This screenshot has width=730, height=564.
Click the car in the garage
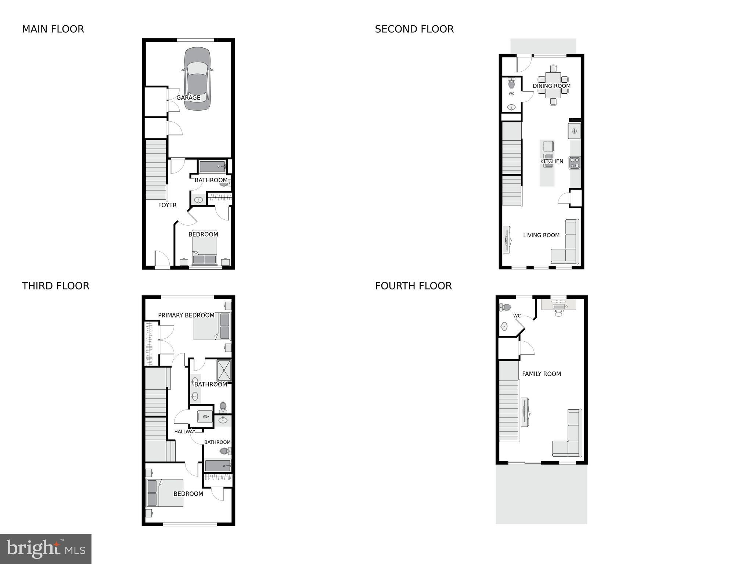[197, 79]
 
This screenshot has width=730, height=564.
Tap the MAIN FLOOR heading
[53, 29]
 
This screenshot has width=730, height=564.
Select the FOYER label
[167, 205]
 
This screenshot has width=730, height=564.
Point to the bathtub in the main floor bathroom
[212, 167]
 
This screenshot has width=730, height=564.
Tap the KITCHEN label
[551, 161]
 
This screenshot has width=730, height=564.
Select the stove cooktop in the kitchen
[575, 162]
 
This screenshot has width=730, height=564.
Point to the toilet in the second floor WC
[511, 84]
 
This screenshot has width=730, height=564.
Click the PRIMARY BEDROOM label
[186, 315]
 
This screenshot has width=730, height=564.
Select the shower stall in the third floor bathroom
[224, 371]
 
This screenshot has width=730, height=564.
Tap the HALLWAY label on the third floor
[184, 431]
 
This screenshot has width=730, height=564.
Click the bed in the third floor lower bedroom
[165, 493]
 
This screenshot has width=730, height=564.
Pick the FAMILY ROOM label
[541, 374]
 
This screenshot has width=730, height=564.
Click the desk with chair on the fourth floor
[558, 306]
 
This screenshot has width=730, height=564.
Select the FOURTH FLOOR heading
[413, 286]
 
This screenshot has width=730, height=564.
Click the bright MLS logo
[46, 549]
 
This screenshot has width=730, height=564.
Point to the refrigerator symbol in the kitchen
[574, 131]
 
